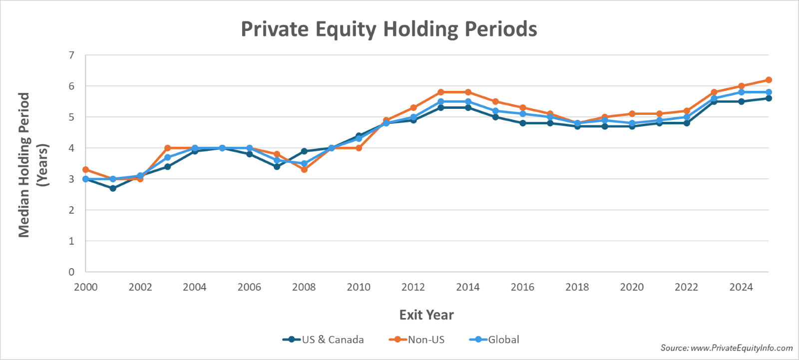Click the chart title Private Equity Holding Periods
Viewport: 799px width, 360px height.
pos(389,29)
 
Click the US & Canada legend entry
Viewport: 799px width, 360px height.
pos(332,340)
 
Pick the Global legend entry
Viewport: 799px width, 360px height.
pos(503,340)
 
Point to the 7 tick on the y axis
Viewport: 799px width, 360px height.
pos(71,55)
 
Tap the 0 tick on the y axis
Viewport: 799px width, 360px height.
pos(71,272)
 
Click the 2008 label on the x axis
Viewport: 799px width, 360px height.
pos(304,287)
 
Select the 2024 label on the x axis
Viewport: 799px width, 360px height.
pos(741,287)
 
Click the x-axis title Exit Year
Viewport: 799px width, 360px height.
pos(426,315)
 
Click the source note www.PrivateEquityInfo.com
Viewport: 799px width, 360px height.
pos(727,348)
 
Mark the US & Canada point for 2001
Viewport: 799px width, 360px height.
pos(113,188)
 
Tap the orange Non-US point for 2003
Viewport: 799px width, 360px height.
pos(167,148)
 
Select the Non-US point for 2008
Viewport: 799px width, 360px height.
pos(304,170)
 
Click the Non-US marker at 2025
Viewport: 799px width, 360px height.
pos(769,80)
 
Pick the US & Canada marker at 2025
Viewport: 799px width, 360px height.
pos(769,98)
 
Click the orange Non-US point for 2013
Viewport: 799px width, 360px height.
pos(440,92)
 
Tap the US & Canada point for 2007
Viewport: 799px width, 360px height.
pos(277,167)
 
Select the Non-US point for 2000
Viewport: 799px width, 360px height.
pos(85,170)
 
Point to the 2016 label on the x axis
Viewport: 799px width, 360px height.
pos(522,287)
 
